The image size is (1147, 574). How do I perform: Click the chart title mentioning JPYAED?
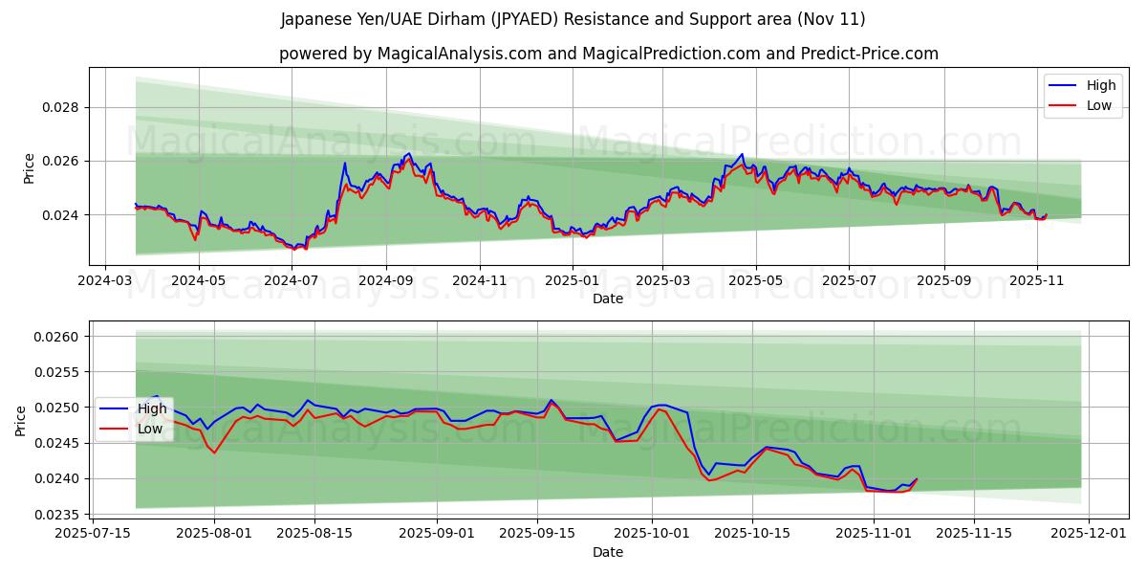click(573, 19)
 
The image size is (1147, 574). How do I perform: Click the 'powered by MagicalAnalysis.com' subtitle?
click(608, 54)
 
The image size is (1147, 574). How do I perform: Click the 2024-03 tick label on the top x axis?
click(104, 281)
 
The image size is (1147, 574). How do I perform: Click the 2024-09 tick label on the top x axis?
click(386, 281)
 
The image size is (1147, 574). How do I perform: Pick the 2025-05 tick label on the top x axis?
click(755, 281)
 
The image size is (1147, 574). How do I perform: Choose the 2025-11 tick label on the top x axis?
click(1036, 281)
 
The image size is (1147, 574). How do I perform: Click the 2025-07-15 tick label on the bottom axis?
click(92, 534)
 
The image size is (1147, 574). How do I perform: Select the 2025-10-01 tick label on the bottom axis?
click(652, 534)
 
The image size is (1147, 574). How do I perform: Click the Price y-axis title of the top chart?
click(29, 167)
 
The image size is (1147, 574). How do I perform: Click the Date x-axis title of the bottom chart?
click(608, 552)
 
